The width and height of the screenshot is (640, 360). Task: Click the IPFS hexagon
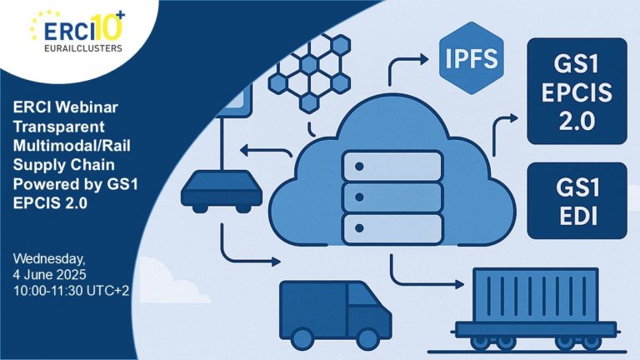(471, 58)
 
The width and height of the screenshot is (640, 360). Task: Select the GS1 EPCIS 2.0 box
(577, 91)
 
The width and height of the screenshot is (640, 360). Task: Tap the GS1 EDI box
(577, 201)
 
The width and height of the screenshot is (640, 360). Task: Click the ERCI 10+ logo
(77, 32)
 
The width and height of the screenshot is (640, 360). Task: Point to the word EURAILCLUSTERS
(83, 48)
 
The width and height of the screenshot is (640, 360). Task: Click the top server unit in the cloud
(392, 166)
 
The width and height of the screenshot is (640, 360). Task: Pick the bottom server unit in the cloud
(392, 228)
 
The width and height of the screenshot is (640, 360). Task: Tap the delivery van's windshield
(362, 295)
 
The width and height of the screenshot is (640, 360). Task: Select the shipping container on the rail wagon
(536, 295)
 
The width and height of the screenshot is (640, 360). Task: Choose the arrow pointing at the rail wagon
(427, 272)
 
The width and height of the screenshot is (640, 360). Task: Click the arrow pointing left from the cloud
(266, 151)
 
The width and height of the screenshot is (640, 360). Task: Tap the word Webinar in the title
(87, 107)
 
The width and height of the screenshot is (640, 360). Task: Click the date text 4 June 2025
(49, 274)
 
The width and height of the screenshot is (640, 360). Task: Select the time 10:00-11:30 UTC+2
(71, 291)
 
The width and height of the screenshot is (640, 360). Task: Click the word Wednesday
(49, 259)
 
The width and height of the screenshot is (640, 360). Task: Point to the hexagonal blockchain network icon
(309, 73)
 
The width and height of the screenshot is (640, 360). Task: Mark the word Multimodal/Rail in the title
(72, 146)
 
